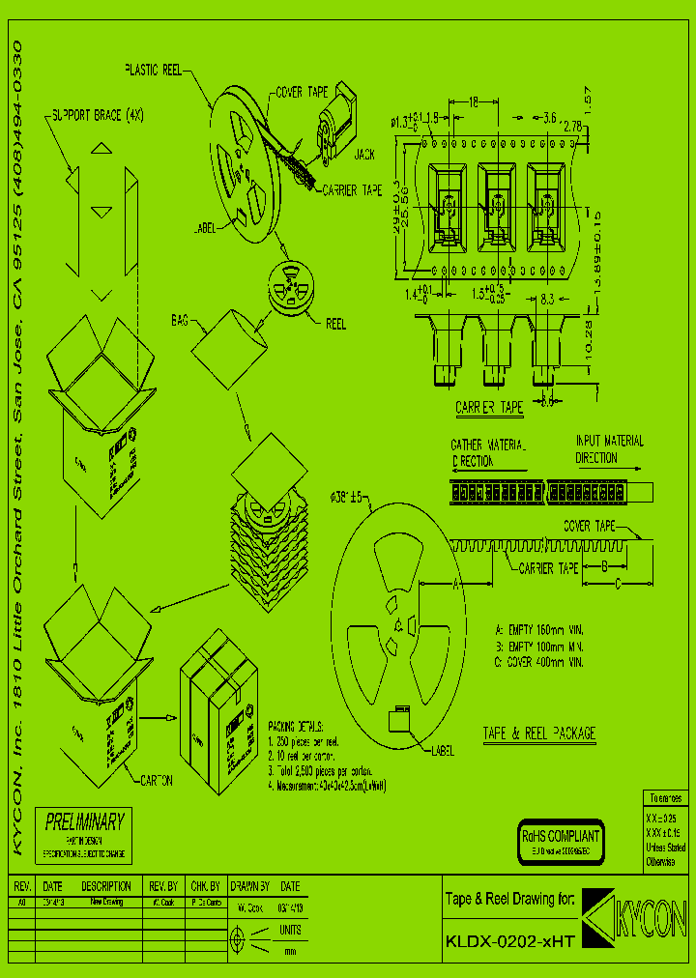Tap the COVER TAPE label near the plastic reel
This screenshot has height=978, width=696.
(302, 93)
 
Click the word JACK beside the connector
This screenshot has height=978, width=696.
(364, 154)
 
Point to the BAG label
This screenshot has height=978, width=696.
(180, 319)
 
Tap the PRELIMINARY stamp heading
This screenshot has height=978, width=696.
(85, 821)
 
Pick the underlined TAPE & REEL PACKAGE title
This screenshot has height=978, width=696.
(538, 734)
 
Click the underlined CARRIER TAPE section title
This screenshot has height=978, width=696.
(489, 408)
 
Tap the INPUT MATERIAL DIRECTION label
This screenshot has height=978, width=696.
(609, 449)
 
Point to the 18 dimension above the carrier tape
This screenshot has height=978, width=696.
(474, 101)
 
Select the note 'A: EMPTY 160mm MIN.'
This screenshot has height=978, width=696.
(539, 627)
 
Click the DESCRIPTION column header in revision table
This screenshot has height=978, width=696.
(106, 886)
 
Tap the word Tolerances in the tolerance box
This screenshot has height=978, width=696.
(664, 799)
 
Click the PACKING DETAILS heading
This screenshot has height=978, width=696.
(297, 726)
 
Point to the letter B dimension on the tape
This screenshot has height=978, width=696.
(604, 565)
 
